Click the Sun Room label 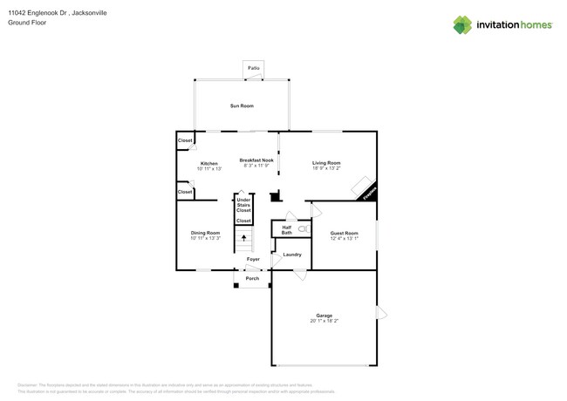pyautogui.click(x=242, y=105)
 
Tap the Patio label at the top pyautogui.click(x=254, y=67)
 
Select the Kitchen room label pyautogui.click(x=209, y=163)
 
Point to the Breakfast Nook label pyautogui.click(x=256, y=160)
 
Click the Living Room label pyautogui.click(x=327, y=163)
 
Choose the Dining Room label pyautogui.click(x=206, y=233)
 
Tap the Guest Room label pyautogui.click(x=344, y=233)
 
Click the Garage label pyautogui.click(x=324, y=316)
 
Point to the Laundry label pyautogui.click(x=292, y=255)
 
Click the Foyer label pyautogui.click(x=253, y=259)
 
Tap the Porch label pyautogui.click(x=252, y=278)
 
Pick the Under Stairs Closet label pyautogui.click(x=244, y=206)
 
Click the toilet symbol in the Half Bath pyautogui.click(x=303, y=228)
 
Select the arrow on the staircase pyautogui.click(x=244, y=237)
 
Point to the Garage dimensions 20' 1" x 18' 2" pyautogui.click(x=324, y=322)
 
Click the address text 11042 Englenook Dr pyautogui.click(x=40, y=13)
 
